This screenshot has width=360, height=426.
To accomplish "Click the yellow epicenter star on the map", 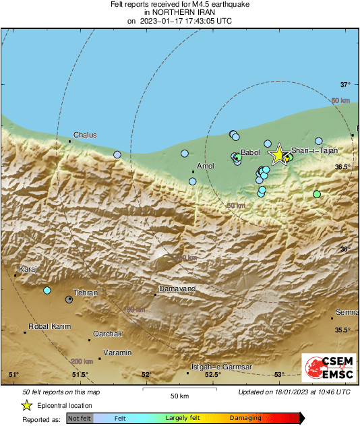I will coord(278,154).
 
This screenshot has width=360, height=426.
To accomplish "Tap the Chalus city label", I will coord(85,135).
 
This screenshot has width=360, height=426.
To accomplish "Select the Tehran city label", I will coord(86,293).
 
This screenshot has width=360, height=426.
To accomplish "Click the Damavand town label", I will coord(177,288).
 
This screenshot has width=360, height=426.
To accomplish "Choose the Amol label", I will coord(205,166).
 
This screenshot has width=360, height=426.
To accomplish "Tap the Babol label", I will coord(250,153).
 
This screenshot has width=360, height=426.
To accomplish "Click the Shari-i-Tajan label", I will coord(319,152).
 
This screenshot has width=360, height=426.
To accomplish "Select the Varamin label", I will coord(118,353).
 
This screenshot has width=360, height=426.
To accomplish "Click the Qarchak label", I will coord(107,334).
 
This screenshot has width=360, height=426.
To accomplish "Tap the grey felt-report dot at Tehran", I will coord(69,299).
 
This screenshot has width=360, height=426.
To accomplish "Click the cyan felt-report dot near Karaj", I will coord(47,291).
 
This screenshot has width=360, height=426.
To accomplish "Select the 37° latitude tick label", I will coord(345,85).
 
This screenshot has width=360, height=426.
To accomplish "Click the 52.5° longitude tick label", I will coord(213,375).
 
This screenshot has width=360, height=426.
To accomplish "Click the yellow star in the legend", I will coord(26,405).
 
